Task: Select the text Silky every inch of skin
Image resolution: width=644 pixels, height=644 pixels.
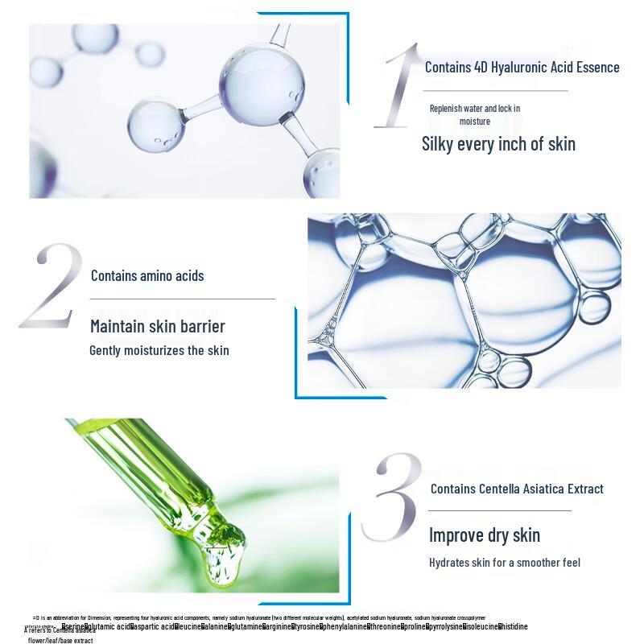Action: (498, 144)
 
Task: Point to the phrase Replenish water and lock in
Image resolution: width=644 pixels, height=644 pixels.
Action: (475, 108)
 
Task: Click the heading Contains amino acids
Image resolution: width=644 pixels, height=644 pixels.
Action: (147, 276)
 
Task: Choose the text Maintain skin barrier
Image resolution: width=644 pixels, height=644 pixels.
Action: (158, 326)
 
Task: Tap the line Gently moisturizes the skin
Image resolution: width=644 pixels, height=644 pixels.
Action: (159, 350)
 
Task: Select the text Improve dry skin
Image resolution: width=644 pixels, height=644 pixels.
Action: (485, 535)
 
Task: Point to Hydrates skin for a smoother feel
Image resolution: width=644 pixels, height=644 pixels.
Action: (505, 563)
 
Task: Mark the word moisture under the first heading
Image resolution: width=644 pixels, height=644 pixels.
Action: (475, 122)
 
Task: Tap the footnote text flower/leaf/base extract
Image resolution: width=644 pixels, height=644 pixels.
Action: (60, 641)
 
